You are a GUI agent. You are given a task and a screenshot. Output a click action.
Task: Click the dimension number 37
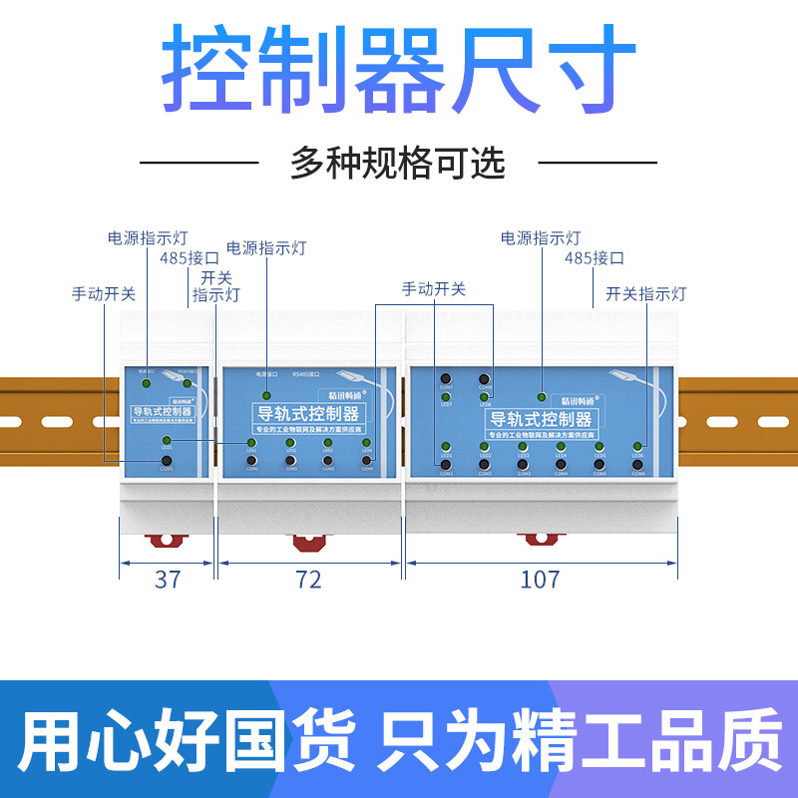pos(168,579)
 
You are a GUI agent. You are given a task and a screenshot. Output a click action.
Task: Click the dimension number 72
pos(310,579)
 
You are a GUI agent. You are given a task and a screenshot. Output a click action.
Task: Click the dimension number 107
pos(541,579)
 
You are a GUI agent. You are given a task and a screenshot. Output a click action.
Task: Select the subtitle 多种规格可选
pos(398,162)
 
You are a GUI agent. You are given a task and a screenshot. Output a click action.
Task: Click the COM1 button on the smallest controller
pos(167,460)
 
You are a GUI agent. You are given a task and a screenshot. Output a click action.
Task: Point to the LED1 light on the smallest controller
pos(167,441)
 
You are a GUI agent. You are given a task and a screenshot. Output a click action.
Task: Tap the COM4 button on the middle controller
pos(367,461)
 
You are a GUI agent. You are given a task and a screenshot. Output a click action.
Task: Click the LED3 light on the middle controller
pos(328,443)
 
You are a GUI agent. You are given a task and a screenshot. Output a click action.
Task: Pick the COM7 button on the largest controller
pos(446,379)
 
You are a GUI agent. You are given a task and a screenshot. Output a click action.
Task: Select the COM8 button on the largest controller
pos(484,379)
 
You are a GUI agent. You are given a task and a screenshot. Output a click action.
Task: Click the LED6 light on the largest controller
pos(637,447)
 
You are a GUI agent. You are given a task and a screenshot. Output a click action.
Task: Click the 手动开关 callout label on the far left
pos(103,294)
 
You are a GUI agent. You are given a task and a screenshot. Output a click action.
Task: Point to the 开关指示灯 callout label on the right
pos(646,293)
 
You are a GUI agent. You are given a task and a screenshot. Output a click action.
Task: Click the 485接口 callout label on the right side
pos(594,257)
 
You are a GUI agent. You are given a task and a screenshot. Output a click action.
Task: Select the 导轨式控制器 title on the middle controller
pos(309,413)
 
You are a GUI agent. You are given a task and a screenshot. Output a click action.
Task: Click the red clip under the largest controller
pos(540,539)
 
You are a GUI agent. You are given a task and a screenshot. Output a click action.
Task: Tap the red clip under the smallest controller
pos(167,540)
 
